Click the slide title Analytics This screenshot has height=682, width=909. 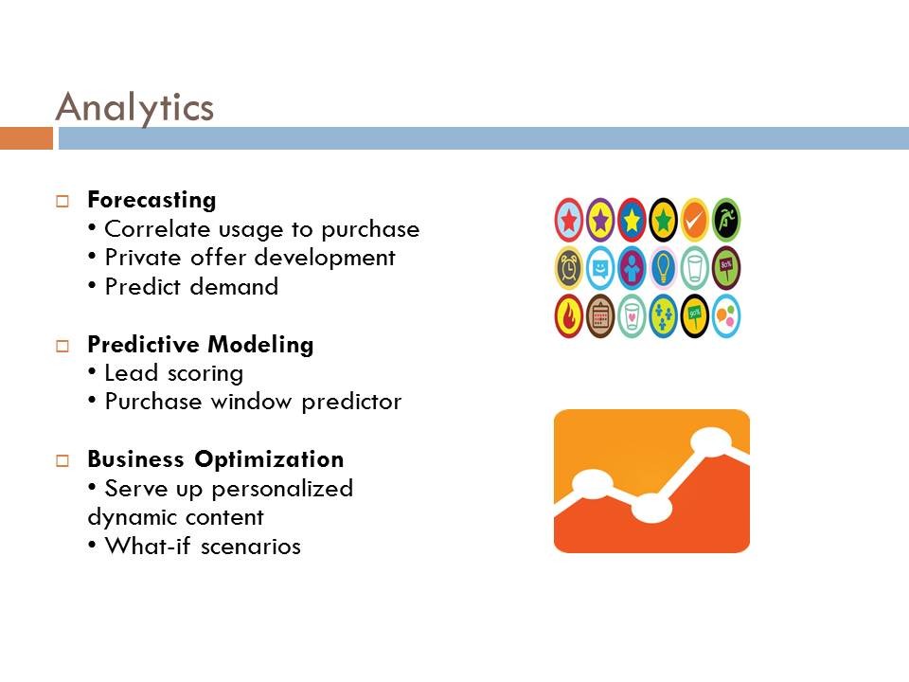click(x=135, y=107)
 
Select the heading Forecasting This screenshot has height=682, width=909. click(x=151, y=200)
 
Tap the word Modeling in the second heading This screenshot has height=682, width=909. click(x=260, y=345)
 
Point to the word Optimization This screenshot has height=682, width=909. click(x=269, y=460)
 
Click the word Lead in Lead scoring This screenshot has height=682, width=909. click(x=131, y=373)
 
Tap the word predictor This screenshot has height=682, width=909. click(x=351, y=402)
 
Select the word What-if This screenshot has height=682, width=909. click(x=148, y=546)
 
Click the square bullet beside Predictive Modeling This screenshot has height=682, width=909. click(x=62, y=347)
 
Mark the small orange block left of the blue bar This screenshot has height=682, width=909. click(x=27, y=138)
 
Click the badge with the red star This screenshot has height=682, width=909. click(x=569, y=220)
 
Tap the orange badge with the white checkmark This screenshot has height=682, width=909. click(x=694, y=220)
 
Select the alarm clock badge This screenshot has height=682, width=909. click(x=569, y=268)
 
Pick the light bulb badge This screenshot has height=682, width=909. click(x=663, y=268)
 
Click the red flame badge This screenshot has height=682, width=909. click(x=569, y=316)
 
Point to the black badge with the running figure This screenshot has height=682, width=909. click(x=726, y=220)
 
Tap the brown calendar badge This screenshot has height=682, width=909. click(x=600, y=316)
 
